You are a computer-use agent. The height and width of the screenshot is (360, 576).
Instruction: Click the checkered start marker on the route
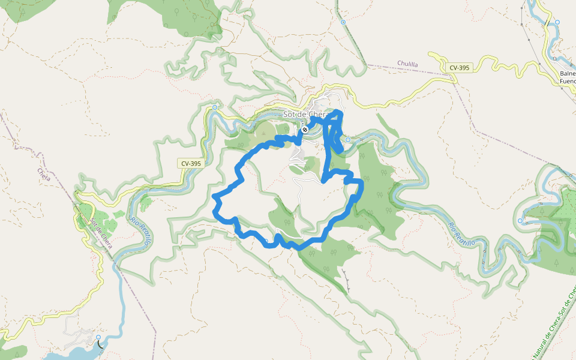[305, 129]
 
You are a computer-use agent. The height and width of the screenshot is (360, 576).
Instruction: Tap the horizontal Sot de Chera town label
[305, 115]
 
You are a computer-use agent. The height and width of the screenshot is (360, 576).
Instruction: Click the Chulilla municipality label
[407, 64]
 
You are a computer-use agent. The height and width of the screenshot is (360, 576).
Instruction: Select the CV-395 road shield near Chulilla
[459, 68]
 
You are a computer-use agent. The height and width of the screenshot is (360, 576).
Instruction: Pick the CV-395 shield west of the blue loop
[191, 163]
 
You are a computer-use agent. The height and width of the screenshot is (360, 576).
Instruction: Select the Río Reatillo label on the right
[461, 233]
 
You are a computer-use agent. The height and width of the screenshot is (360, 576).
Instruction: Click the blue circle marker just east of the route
[347, 140]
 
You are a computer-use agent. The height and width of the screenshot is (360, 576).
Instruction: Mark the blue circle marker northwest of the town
[215, 107]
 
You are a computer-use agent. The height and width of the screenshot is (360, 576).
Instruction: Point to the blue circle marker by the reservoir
[98, 337]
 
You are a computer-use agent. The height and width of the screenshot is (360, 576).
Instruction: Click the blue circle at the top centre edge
[343, 22]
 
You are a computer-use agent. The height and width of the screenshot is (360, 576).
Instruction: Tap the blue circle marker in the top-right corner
[557, 22]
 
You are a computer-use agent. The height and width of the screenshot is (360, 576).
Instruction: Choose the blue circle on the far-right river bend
[520, 221]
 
